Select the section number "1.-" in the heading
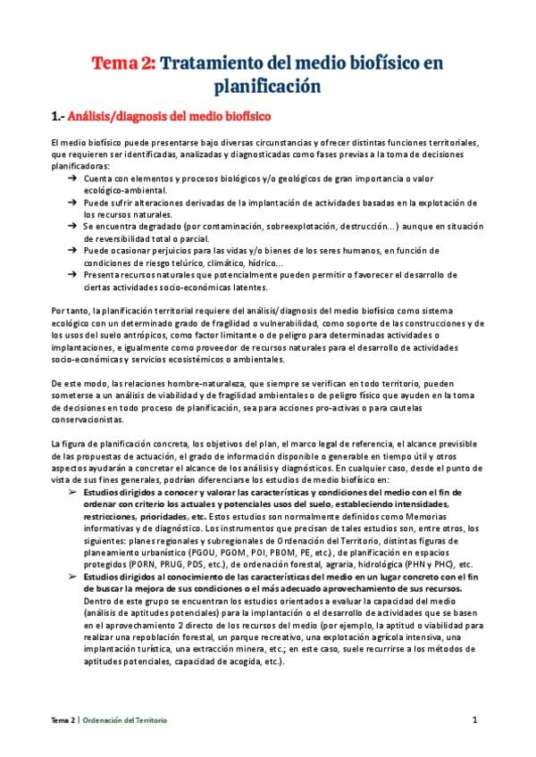60,117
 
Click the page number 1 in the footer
477,720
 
